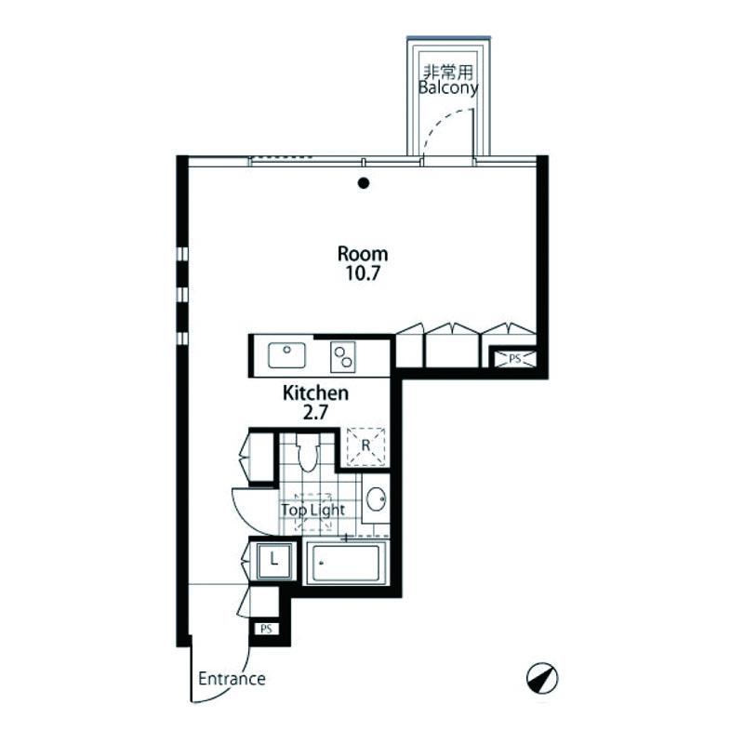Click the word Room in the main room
pos(363,254)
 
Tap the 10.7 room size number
pos(363,273)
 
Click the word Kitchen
pos(315,392)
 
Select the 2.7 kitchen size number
pos(315,413)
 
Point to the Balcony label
pos(448,87)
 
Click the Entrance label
pos(232,679)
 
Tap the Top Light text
pos(312,510)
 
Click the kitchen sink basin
pos(286,355)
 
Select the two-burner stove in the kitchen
pos(342,356)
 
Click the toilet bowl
pos(308,452)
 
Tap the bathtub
pos(346,564)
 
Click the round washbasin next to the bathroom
pos(377,499)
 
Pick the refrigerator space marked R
pos(365,446)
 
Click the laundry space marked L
pos(273,561)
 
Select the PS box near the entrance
pos(266,630)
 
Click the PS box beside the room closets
pos(515,359)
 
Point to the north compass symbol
pos(542,678)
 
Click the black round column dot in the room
pos(364,183)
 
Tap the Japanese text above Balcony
pos(448,73)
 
